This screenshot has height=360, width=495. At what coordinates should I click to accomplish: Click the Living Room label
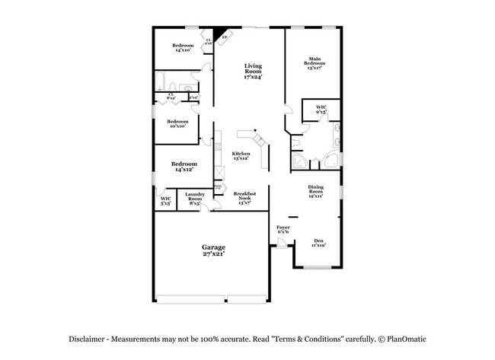pyautogui.click(x=253, y=72)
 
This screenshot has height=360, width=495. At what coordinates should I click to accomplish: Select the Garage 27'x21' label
pyautogui.click(x=212, y=250)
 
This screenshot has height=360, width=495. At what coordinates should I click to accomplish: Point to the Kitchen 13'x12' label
pyautogui.click(x=241, y=156)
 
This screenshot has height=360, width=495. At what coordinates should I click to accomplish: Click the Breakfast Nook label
pyautogui.click(x=244, y=198)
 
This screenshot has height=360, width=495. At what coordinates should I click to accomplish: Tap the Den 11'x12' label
pyautogui.click(x=318, y=243)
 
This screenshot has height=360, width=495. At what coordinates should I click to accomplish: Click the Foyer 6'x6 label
pyautogui.click(x=283, y=230)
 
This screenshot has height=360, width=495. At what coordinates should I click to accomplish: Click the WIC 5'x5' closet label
pyautogui.click(x=165, y=201)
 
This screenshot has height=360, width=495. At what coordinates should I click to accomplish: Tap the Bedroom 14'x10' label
pyautogui.click(x=183, y=48)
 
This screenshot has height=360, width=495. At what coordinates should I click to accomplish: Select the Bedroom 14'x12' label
pyautogui.click(x=184, y=167)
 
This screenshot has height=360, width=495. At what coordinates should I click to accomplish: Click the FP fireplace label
pyautogui.click(x=224, y=37)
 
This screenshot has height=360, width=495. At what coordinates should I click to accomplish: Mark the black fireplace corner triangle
pyautogui.click(x=219, y=33)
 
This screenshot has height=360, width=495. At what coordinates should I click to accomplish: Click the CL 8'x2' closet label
pyautogui.click(x=171, y=96)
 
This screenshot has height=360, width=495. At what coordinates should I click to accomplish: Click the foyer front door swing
pyautogui.click(x=281, y=242)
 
